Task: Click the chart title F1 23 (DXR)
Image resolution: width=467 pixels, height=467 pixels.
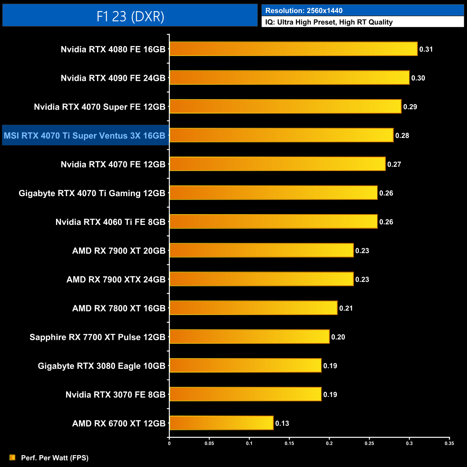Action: pos(130,16)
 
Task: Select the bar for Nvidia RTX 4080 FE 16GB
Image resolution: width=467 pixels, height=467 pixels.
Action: pos(293,49)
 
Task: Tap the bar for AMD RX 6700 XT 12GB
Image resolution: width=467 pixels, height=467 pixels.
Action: pos(221,423)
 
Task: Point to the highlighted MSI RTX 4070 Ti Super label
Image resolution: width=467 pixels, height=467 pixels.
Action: pos(85,135)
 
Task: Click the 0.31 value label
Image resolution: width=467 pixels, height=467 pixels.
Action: pos(426,49)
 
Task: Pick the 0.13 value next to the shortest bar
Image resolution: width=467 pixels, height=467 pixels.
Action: pos(282,423)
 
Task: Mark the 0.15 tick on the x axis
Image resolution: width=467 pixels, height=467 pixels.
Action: pos(289,443)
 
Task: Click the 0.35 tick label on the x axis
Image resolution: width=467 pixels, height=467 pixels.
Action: pos(449,443)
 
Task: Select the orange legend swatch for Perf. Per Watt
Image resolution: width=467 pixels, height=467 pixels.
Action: pos(12,457)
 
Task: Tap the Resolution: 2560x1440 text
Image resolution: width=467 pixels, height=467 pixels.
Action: pos(304,10)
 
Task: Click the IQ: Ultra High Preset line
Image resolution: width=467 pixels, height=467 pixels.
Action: pos(329,22)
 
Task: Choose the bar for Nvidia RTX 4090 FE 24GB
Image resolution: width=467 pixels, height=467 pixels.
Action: pos(289,78)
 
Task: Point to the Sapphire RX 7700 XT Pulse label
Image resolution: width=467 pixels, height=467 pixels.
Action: pos(97,337)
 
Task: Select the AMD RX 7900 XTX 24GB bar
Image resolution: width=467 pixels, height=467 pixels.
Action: pos(261,279)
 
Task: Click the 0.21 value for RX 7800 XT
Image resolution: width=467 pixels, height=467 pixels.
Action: pos(346,308)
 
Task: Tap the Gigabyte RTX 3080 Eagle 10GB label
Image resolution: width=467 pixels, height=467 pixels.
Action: pos(102,366)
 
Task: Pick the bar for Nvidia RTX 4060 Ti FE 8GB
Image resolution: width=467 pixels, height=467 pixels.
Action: pos(273,222)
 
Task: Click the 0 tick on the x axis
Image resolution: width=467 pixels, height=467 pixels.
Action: pos(169,443)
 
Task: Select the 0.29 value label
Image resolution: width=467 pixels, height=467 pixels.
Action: pos(410,107)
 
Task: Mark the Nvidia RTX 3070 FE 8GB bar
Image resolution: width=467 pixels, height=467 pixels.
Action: pos(245,394)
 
